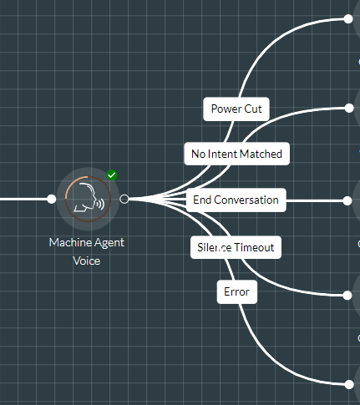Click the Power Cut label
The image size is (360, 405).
236,109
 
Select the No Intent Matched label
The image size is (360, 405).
236,154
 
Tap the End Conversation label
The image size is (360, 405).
236,200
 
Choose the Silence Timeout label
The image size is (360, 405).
236,247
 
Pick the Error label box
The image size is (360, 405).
237,291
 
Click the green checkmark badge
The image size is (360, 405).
112,175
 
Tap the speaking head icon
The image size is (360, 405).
89,199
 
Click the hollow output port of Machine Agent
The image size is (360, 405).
124,199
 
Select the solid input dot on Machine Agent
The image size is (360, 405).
52,199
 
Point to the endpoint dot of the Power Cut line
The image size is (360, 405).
348,19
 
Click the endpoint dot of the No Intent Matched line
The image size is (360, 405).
349,108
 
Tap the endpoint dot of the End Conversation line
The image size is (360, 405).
347,200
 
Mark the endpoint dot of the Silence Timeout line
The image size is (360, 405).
347,296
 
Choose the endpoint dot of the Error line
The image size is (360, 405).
349,384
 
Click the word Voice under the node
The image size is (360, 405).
87,261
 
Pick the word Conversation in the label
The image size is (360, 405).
246,200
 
